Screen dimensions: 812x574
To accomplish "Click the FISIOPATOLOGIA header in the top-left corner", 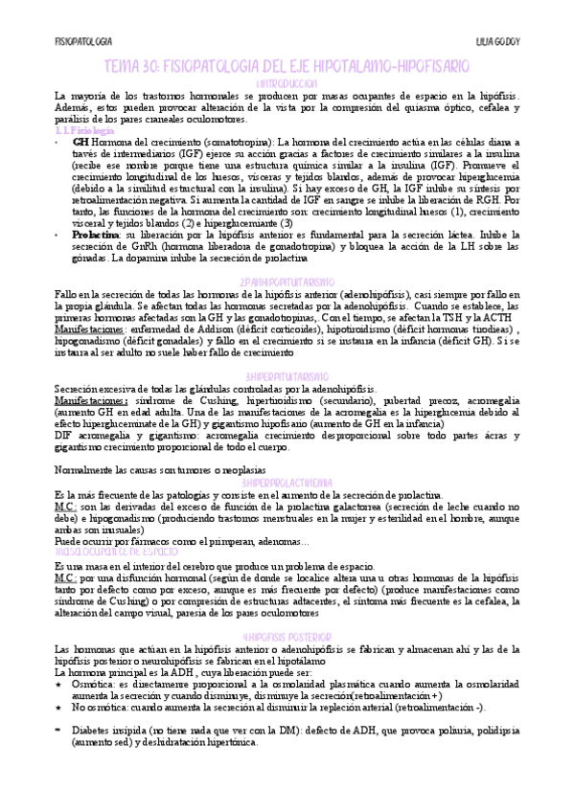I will click(84, 42).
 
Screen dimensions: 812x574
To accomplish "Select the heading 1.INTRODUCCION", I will click(287, 84).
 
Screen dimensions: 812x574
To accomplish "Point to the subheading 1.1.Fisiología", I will click(83, 130).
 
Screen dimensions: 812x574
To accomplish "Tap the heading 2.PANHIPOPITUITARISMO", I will click(287, 282).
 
